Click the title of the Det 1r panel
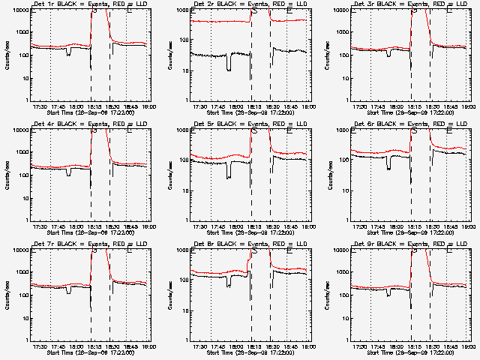[91, 4]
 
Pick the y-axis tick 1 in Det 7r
[27, 340]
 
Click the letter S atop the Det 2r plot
[254, 11]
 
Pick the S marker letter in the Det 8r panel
[254, 251]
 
